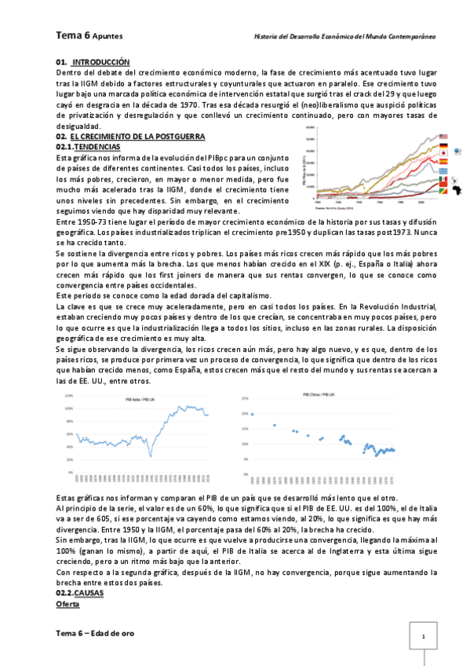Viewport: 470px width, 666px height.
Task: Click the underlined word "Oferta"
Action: [x=68, y=606]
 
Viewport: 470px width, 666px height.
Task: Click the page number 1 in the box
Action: [x=423, y=636]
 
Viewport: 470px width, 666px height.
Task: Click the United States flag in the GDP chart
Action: [x=443, y=137]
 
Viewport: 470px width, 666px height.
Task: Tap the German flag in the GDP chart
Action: [x=443, y=147]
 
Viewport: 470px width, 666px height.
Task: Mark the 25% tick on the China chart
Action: [x=244, y=398]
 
